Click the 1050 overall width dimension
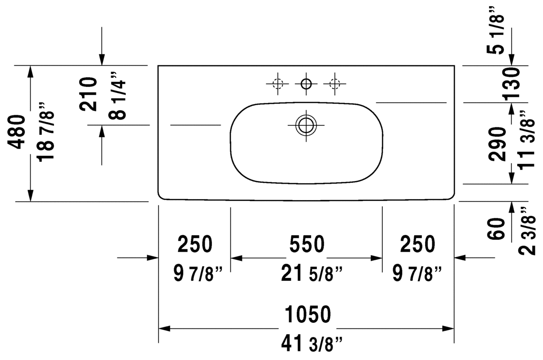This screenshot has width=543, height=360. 307,314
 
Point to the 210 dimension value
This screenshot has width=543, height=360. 88,94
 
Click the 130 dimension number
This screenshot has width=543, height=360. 511,83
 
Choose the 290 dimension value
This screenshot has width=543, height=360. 497,144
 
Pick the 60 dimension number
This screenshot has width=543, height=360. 497,228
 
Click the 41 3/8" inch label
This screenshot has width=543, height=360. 311,344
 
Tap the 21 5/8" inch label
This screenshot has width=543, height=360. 311,274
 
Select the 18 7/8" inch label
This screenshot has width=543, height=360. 46,132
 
